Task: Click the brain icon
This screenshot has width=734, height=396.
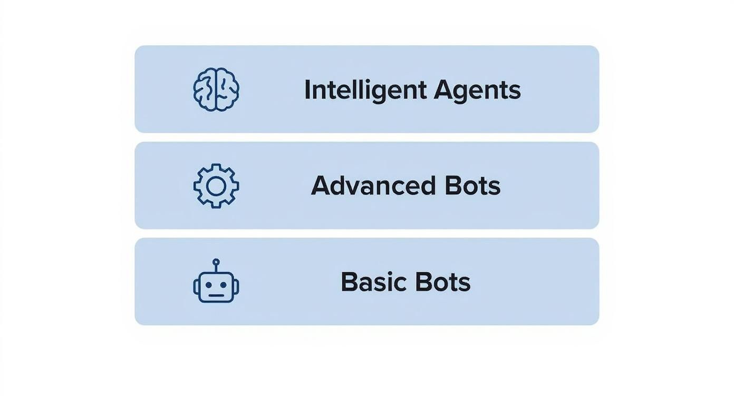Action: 216,90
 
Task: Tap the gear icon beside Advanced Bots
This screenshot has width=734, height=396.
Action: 216,186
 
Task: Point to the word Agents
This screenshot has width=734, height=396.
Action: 477,90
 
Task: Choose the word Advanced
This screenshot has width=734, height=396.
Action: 373,186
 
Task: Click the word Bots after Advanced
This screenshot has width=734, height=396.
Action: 472,186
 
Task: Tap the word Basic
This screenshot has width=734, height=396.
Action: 373,282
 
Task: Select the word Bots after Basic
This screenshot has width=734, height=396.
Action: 442,282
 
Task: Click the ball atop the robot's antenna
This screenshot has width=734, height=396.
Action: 216,261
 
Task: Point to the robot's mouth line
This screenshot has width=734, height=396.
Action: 216,295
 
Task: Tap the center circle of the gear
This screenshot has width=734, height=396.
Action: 216,186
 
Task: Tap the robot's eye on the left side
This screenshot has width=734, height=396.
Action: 208,285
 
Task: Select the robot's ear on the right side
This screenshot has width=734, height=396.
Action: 237,286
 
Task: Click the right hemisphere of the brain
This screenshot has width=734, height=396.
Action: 228,90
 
